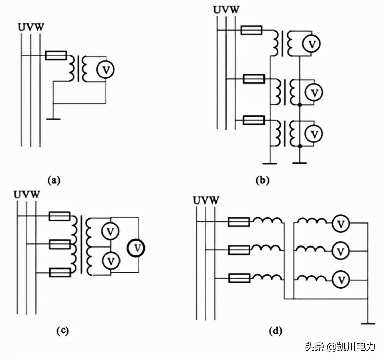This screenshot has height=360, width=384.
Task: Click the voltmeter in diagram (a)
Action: pyautogui.click(x=105, y=70)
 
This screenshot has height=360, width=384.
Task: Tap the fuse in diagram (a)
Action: pyautogui.click(x=56, y=55)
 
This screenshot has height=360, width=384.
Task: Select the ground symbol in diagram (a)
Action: pyautogui.click(x=53, y=118)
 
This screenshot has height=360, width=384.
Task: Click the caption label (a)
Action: pyautogui.click(x=54, y=180)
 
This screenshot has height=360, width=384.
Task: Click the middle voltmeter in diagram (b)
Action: pyautogui.click(x=314, y=92)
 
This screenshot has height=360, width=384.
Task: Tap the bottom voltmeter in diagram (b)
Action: pyautogui.click(x=314, y=134)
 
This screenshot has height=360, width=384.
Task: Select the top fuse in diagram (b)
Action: pyautogui.click(x=251, y=31)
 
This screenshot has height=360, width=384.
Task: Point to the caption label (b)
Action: pyautogui.click(x=262, y=180)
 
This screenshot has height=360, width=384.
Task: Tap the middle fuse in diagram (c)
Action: pyautogui.click(x=60, y=244)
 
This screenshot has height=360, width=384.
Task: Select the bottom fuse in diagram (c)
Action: pyautogui.click(x=60, y=272)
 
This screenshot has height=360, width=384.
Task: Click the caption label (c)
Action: pyautogui.click(x=62, y=330)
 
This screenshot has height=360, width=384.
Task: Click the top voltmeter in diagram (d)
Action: pyautogui.click(x=341, y=224)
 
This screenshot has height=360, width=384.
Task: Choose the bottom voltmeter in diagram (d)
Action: pyautogui.click(x=341, y=279)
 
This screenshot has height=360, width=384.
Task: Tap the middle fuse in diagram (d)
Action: pyautogui.click(x=239, y=250)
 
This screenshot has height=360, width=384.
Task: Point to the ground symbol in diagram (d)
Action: pyautogui.click(x=368, y=323)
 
